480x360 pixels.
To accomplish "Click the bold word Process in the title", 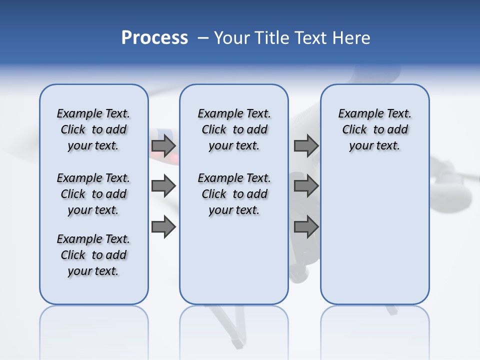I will pyautogui.click(x=154, y=38).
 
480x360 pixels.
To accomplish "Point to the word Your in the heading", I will pyautogui.click(x=232, y=38).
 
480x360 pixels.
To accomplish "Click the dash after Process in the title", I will pyautogui.click(x=202, y=38).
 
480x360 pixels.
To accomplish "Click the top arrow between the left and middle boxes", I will pyautogui.click(x=163, y=145).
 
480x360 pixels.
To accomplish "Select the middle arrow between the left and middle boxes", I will pyautogui.click(x=163, y=186).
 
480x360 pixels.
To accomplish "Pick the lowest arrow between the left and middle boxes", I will pyautogui.click(x=163, y=227).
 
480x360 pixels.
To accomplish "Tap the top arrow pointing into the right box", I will pyautogui.click(x=306, y=145).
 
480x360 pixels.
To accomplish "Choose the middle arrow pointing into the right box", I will pyautogui.click(x=306, y=186).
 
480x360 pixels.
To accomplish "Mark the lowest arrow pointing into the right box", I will pyautogui.click(x=306, y=227).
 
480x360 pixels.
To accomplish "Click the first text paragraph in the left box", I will pyautogui.click(x=93, y=129).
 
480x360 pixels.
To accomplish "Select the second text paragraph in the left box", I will pyautogui.click(x=93, y=194).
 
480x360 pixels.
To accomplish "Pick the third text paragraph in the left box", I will pyautogui.click(x=93, y=255).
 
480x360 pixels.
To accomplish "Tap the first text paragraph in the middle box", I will pyautogui.click(x=234, y=129).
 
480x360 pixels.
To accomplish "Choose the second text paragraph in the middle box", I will pyautogui.click(x=234, y=194).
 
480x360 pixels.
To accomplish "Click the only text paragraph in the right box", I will pyautogui.click(x=374, y=129).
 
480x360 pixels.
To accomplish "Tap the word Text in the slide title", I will pyautogui.click(x=310, y=38).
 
